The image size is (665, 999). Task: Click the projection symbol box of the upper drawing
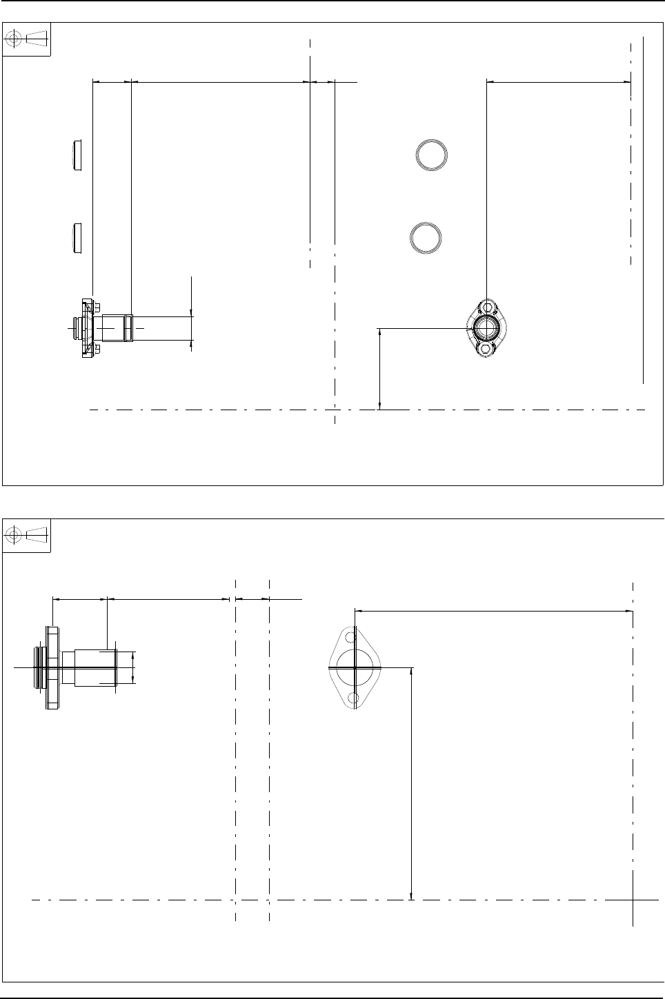coord(27,39)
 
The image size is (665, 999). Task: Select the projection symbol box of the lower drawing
coord(27,534)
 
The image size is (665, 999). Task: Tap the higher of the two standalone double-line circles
coord(432,154)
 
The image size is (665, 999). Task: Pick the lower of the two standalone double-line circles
coord(426,238)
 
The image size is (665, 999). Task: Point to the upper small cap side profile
coord(78,155)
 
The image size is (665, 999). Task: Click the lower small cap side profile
coord(78,237)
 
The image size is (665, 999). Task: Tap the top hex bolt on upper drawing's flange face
coord(488,306)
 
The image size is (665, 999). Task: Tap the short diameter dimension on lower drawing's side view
coord(134,667)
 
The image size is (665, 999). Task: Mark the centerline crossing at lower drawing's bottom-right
coord(633,900)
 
